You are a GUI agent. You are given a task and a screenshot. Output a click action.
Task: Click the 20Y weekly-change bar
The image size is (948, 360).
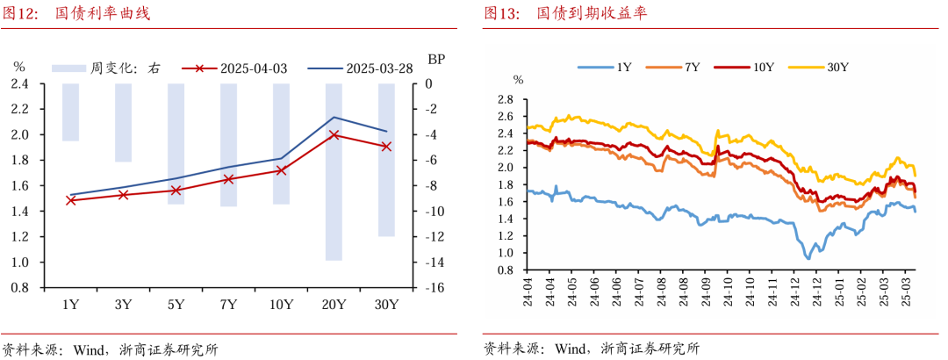(334, 172)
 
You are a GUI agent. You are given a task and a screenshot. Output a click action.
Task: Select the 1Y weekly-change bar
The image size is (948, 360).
(70, 112)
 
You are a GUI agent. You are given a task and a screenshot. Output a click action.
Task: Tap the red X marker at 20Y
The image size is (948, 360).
(334, 135)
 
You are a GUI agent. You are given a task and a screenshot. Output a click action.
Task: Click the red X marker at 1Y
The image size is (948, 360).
(70, 200)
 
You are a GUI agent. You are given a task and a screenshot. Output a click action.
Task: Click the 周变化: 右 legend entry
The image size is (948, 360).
(105, 68)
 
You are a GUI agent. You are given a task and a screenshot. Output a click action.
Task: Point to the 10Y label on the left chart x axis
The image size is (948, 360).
(281, 305)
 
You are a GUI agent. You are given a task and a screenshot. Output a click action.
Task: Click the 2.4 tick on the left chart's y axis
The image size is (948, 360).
(19, 84)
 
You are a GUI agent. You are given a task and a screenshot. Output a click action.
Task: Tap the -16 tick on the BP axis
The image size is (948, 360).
(435, 288)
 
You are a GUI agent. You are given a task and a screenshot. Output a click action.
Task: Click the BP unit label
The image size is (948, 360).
(436, 60)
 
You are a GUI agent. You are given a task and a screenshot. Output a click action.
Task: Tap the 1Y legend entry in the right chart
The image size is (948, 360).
(606, 67)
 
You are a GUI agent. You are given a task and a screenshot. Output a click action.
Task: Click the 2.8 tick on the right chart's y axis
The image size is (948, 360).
(505, 100)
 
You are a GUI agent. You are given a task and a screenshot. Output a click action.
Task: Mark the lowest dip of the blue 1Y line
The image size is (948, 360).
(808, 258)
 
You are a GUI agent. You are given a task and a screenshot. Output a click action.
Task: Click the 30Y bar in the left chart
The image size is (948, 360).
(386, 160)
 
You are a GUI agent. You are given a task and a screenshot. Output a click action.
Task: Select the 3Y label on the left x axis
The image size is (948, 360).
(123, 305)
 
